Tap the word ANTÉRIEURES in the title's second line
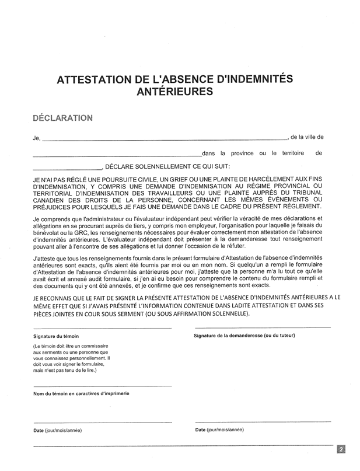pyautogui.click(x=175, y=92)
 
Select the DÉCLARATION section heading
pyautogui.click(x=63, y=117)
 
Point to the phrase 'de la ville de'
pyautogui.click(x=306, y=138)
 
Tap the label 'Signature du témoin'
pyautogui.click(x=56, y=337)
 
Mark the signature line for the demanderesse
pyautogui.click(x=263, y=327)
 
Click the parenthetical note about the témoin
pyautogui.click(x=71, y=358)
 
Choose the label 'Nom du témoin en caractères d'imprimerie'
pyautogui.click(x=81, y=394)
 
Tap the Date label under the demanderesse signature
pyautogui.click(x=220, y=430)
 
